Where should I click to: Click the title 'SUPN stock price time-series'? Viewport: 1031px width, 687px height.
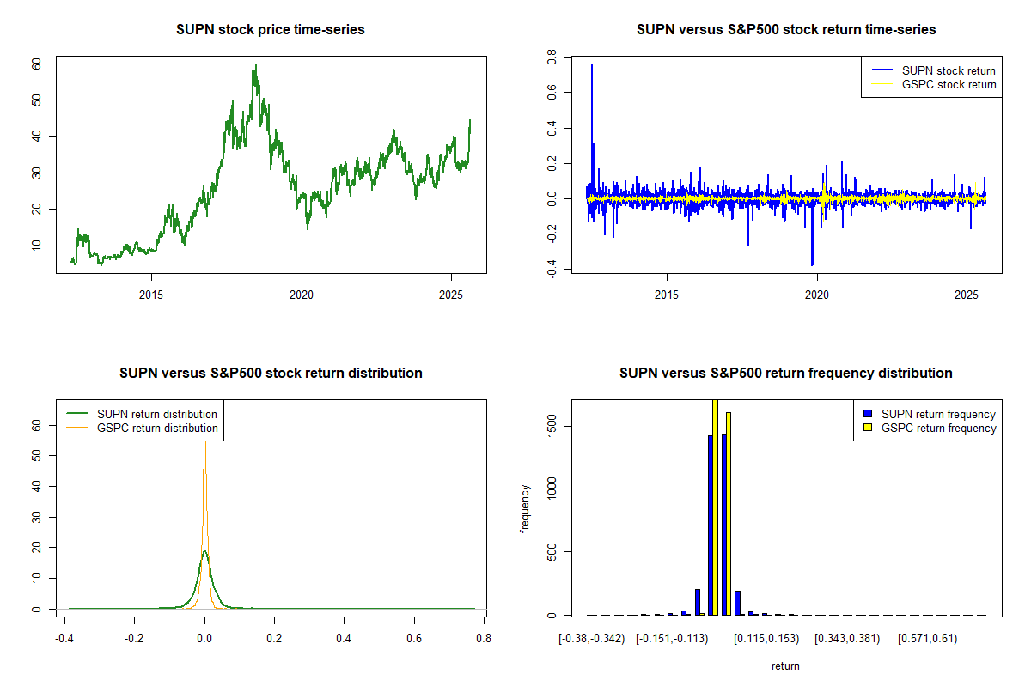click(x=271, y=30)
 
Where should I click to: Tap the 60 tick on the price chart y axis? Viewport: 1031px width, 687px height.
click(x=36, y=64)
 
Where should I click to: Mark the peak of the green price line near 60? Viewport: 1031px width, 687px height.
click(x=255, y=64)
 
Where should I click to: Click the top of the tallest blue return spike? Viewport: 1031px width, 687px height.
click(x=591, y=64)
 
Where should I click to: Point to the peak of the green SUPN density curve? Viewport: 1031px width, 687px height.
click(x=204, y=551)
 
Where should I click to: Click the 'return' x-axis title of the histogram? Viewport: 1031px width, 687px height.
click(x=785, y=666)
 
